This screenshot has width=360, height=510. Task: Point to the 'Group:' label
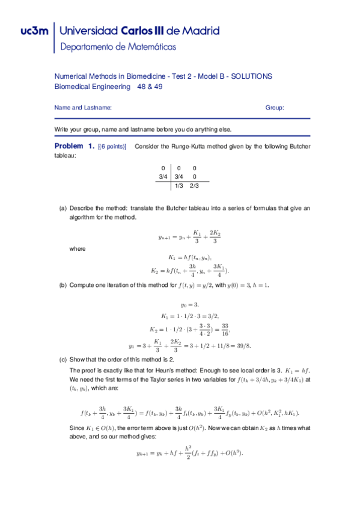[x=275, y=108]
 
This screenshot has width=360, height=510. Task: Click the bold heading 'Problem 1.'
[x=75, y=146]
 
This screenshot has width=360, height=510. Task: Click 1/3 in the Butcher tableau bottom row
[x=178, y=186]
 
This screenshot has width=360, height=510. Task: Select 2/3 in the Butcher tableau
[x=194, y=186]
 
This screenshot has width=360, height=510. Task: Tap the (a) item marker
[x=63, y=209]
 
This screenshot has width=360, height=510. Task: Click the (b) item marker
[x=63, y=285]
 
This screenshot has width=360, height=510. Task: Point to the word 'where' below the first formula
[x=78, y=248]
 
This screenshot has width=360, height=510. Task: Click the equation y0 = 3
[x=189, y=305]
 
